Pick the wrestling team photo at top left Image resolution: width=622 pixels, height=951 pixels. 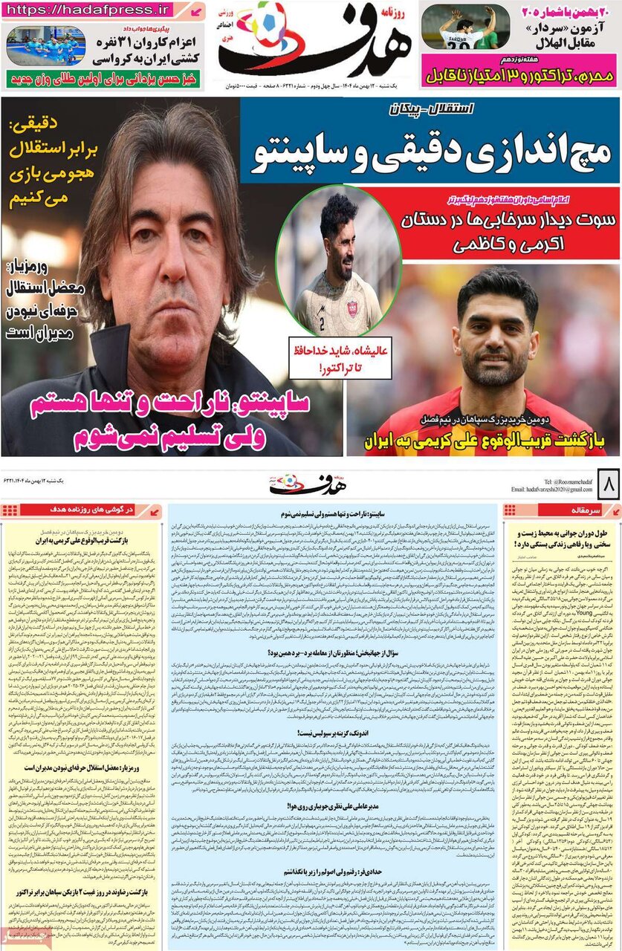[x=46, y=45]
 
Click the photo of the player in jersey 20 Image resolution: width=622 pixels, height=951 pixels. [x=465, y=27]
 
